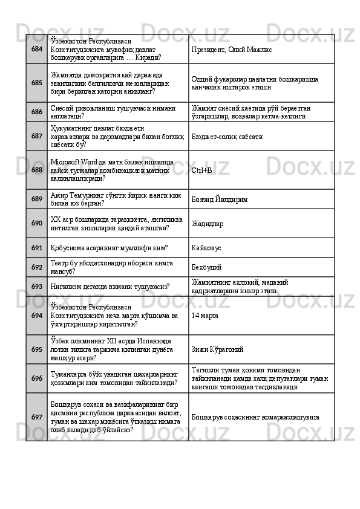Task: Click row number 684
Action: [37, 49]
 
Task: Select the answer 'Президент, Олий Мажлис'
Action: [228, 49]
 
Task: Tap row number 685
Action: [37, 82]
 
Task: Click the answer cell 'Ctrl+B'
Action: [201, 170]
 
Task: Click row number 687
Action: [37, 137]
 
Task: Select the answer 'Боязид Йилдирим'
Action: [219, 199]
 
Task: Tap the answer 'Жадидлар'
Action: [207, 224]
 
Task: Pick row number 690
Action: [37, 224]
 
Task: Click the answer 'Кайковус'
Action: [207, 248]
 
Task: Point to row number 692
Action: [37, 267]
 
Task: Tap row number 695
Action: [37, 349]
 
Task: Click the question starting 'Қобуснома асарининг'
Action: [109, 248]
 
